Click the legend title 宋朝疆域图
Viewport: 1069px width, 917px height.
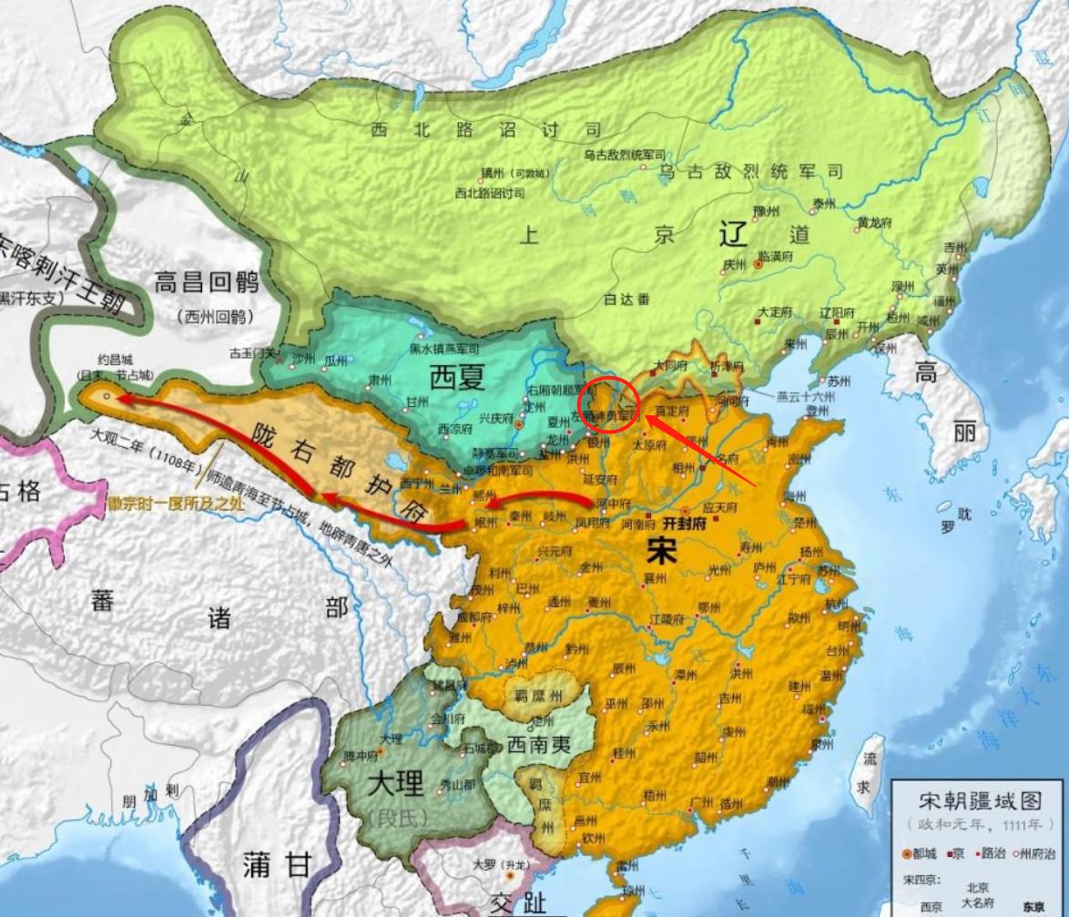[x=980, y=801]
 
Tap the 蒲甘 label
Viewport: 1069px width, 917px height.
[x=277, y=865]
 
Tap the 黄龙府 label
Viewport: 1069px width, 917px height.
[x=875, y=219]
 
